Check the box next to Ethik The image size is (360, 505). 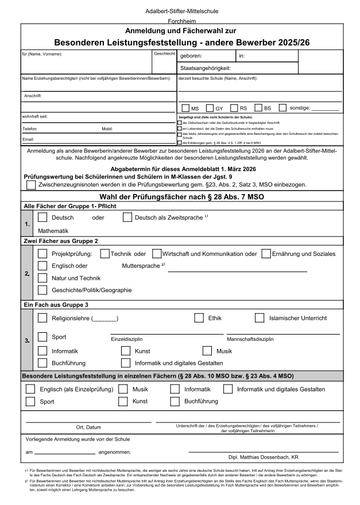199,317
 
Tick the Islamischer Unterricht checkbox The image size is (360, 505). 260,317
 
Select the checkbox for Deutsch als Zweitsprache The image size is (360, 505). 127,217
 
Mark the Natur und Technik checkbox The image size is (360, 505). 42,278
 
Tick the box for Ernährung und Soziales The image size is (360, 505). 266,253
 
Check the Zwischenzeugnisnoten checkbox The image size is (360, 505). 31,185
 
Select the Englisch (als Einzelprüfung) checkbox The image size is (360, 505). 30,389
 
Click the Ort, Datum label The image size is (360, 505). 88,427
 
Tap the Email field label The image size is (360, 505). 28,139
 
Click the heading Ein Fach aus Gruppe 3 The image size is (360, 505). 55,304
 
